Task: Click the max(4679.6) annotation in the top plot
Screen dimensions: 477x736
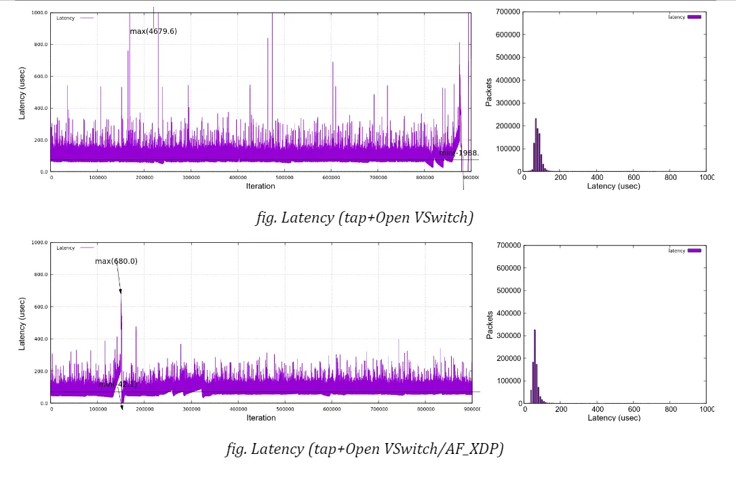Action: coord(153,31)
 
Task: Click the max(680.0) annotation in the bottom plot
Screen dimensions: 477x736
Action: coord(116,261)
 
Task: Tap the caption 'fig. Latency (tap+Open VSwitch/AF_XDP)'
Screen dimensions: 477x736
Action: coord(364,449)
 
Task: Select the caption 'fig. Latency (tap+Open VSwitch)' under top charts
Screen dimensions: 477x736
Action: coord(364,218)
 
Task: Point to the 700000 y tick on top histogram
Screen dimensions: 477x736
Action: coord(508,12)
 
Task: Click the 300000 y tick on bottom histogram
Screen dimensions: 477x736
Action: coord(508,336)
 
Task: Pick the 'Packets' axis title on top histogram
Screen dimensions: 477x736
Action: coord(489,92)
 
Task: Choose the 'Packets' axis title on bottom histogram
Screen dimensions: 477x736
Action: coord(489,324)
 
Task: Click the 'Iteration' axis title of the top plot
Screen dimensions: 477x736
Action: coord(260,186)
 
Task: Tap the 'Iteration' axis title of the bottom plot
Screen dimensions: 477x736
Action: coord(260,418)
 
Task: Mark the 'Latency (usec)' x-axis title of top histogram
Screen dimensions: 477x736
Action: coord(613,186)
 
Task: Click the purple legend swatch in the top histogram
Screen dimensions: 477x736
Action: coord(694,17)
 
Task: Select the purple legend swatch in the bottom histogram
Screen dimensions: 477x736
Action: coord(694,250)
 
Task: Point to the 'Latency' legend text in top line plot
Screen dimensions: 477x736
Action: coord(65,18)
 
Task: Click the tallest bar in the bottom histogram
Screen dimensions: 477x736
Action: coord(535,366)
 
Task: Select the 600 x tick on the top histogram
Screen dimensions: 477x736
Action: coord(634,177)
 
